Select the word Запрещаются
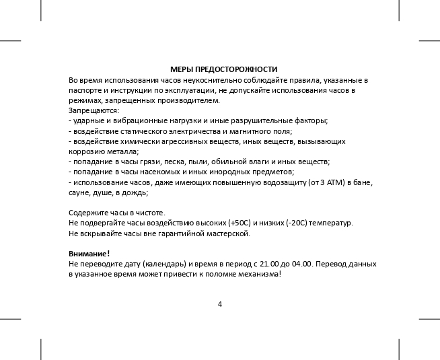click(94, 110)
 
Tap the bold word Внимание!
click(89, 253)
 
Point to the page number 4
click(220, 303)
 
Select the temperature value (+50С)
click(240, 223)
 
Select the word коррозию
click(85, 151)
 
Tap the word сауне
click(79, 192)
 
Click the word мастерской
click(229, 233)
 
